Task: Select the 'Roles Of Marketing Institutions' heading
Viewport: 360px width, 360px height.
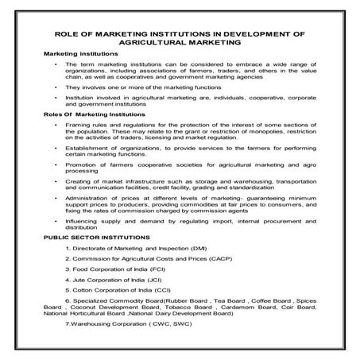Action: tap(88, 115)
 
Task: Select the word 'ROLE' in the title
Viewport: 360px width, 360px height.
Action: tap(65, 34)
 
